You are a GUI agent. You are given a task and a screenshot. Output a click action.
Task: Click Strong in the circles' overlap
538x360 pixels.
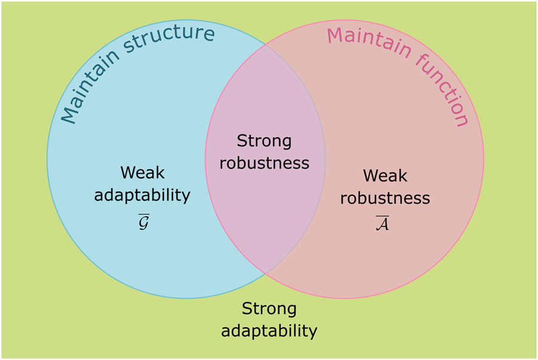(264, 141)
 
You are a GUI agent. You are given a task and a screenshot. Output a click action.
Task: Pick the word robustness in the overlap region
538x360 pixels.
(264, 162)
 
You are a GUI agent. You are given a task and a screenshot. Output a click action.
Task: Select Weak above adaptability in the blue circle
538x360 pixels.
(142, 173)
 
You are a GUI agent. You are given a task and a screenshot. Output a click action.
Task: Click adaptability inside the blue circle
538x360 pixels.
(142, 195)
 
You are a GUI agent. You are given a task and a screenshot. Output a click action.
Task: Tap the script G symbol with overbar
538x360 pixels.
(143, 221)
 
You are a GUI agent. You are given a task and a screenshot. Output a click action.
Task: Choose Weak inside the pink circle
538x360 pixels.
(385, 176)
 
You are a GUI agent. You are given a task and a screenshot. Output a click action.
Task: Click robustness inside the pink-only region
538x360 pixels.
(385, 198)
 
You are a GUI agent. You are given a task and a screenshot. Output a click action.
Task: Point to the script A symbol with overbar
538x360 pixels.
(383, 224)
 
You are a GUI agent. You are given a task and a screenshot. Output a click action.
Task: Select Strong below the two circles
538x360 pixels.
(269, 309)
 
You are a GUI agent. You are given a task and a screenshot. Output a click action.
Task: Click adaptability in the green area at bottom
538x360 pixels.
(269, 331)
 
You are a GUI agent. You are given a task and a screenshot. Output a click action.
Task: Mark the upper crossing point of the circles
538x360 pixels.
(265, 44)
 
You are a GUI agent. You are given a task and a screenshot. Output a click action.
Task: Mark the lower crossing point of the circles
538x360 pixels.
(265, 275)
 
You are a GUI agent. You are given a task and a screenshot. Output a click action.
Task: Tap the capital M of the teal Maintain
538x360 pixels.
(70, 113)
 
